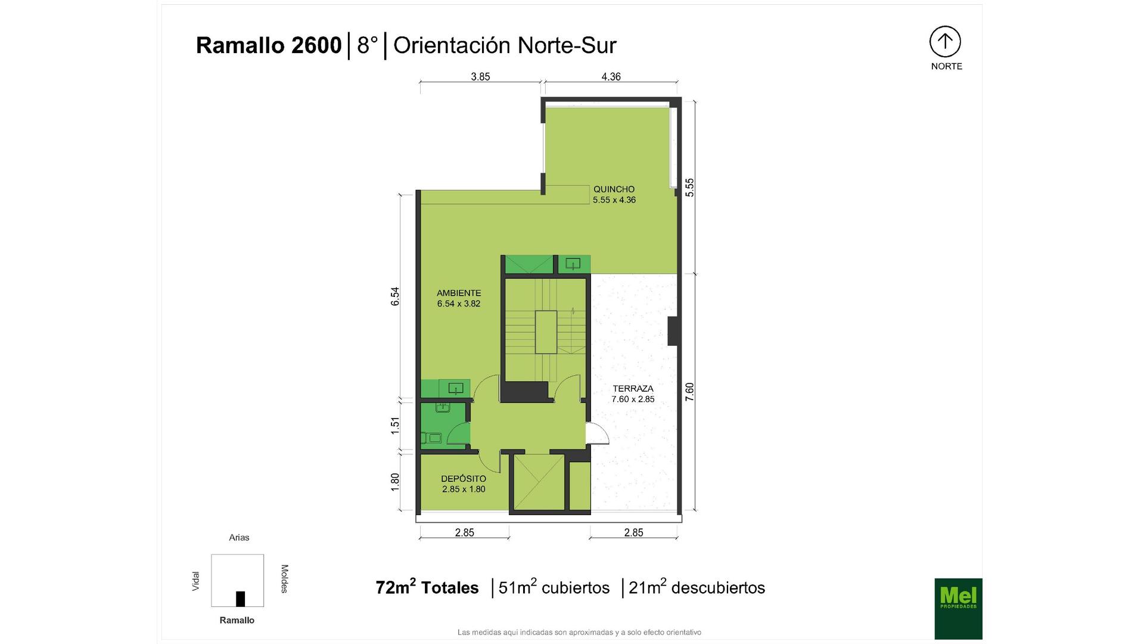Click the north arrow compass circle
pos(945,42)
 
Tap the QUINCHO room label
pos(614,189)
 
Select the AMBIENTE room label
pos(459,293)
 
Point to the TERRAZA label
pos(633,388)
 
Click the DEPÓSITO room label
pos(464,478)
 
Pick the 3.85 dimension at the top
pos(480,76)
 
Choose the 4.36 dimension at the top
pos(611,76)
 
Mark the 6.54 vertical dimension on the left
pos(395,296)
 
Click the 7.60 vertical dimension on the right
pos(689,391)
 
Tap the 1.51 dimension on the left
pos(395,425)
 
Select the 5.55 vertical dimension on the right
pos(689,187)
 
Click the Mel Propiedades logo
pos(958,609)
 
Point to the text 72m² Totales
pos(427,587)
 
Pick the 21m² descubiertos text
pos(697,587)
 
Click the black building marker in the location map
pos(241,599)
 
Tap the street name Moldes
pos(284,578)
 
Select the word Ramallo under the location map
pos(237,620)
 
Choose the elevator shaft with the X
pos(538,482)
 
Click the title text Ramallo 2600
pos(269,45)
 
